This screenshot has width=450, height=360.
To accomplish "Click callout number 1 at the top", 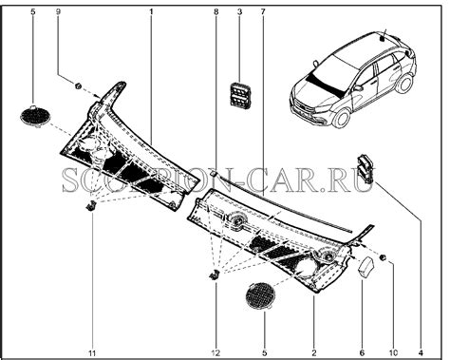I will click(151, 11).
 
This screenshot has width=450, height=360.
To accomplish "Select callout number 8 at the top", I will click(216, 11).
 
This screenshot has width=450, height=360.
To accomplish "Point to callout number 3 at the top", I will click(238, 11).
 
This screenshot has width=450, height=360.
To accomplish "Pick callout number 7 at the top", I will click(262, 11).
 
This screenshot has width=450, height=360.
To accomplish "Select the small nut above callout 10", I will click(383, 258).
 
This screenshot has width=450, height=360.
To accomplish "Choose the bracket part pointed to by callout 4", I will click(366, 165).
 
